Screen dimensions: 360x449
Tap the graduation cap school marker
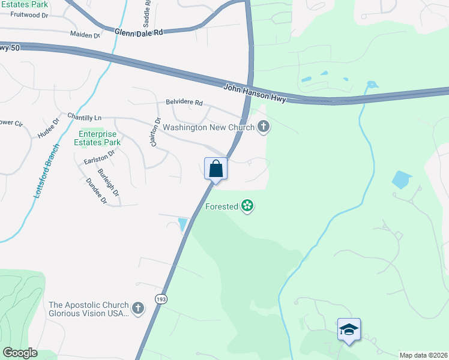click(349, 329)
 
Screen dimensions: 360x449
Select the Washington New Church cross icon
click(263, 127)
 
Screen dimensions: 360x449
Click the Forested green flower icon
click(247, 206)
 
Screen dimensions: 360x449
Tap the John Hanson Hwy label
click(255, 94)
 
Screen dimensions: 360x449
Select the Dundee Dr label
click(96, 191)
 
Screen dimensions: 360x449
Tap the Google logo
click(20, 353)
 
